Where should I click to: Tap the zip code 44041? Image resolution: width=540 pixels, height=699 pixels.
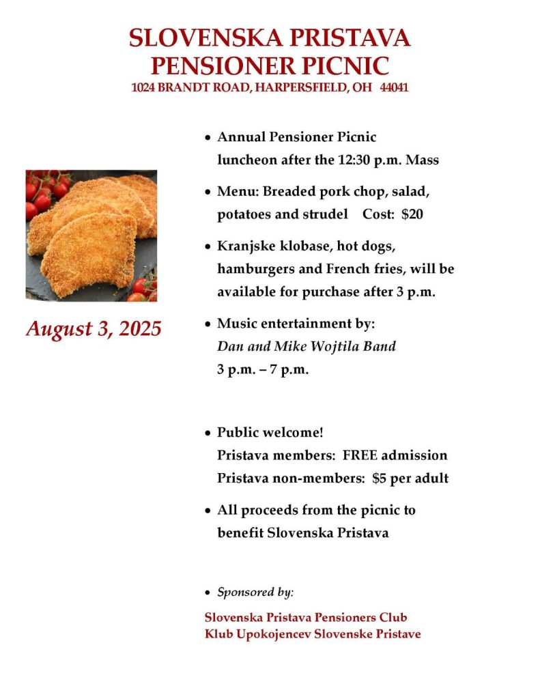[x=394, y=88]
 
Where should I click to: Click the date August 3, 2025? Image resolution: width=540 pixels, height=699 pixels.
[x=94, y=329]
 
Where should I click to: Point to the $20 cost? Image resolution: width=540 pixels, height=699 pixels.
[x=412, y=214]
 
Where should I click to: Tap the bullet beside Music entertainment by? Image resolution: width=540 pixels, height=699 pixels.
[x=208, y=323]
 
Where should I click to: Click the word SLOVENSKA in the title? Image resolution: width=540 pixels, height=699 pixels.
[x=202, y=38]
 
